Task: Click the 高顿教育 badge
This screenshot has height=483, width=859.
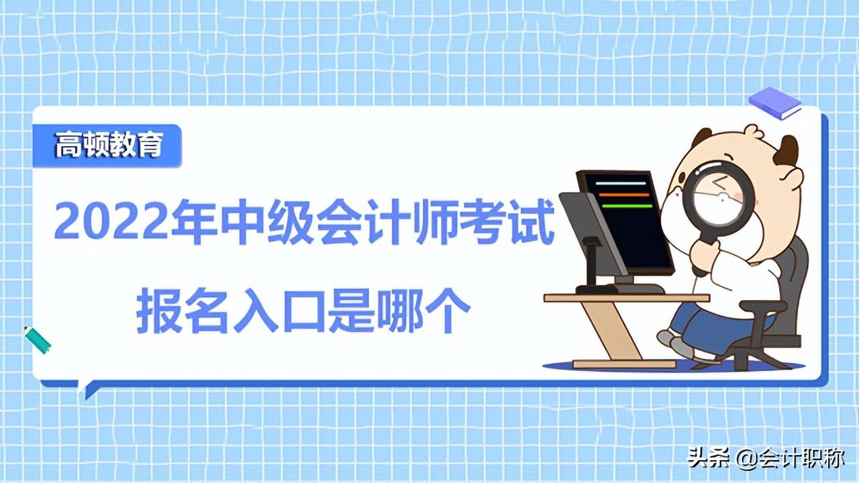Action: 107,146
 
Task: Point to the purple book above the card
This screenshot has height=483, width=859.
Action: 775,103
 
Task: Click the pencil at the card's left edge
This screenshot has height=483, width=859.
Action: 38,340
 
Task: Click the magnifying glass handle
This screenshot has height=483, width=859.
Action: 703,255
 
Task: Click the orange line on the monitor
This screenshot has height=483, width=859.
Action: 623,195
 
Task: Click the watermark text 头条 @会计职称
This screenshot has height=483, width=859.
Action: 766,459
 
